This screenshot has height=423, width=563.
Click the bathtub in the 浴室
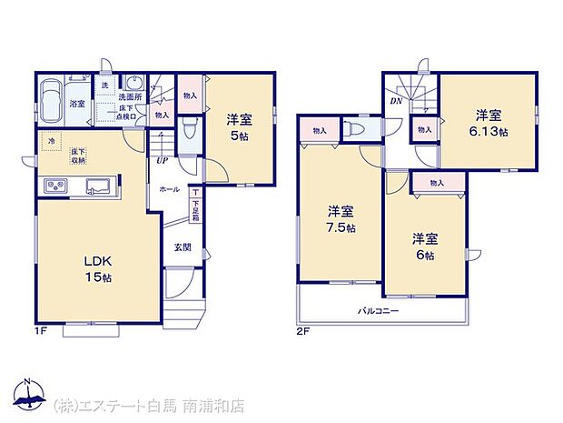pyautogui.click(x=51, y=95)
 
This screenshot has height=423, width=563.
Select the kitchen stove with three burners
pyautogui.click(x=54, y=187)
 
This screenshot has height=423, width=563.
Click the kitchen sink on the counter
pyautogui.click(x=96, y=187)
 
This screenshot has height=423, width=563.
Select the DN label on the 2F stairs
pyautogui.click(x=396, y=101)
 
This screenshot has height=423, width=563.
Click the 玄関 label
pyautogui.click(x=182, y=247)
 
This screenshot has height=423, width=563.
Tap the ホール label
pyautogui.click(x=169, y=189)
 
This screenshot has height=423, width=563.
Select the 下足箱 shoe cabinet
pyautogui.click(x=195, y=212)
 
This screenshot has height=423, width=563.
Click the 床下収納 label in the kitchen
pyautogui.click(x=79, y=156)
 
